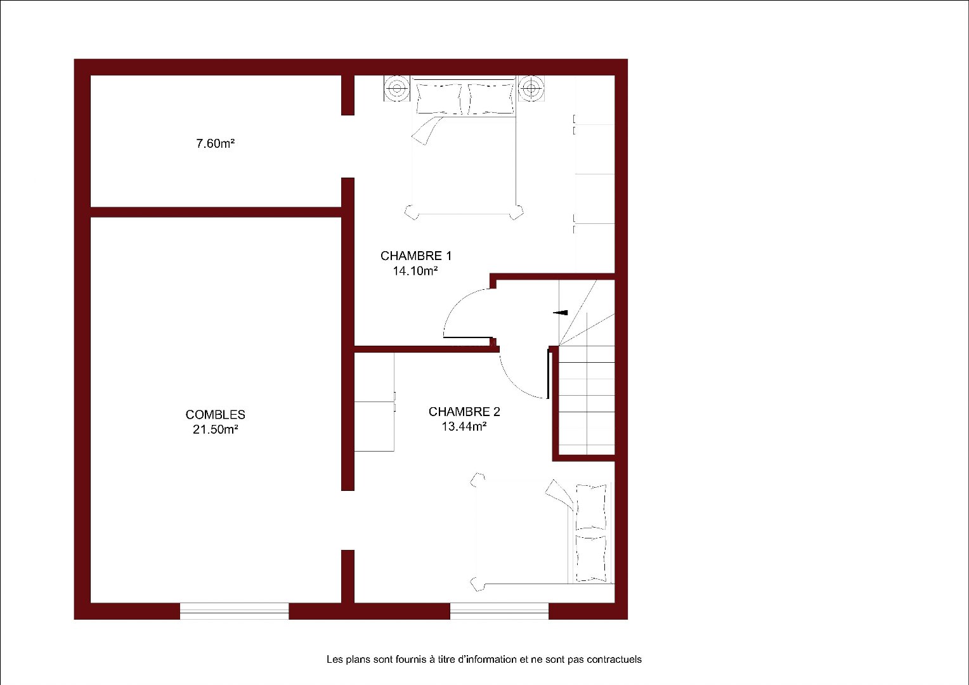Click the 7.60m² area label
tap(216, 143)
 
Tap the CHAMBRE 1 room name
tap(416, 256)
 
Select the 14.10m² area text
tap(415, 271)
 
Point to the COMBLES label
tap(216, 415)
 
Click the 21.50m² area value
tap(216, 429)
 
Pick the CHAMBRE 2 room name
tap(464, 412)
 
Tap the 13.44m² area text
tap(464, 426)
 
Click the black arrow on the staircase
tap(561, 313)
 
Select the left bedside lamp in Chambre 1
tap(397, 89)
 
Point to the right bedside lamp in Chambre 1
tap(531, 89)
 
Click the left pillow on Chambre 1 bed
tap(439, 99)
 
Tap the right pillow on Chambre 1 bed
tap(491, 99)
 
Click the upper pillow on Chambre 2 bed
tap(591, 507)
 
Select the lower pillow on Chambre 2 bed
tap(591, 558)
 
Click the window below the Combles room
tap(234, 611)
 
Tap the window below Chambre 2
tap(500, 611)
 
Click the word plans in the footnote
tap(356, 660)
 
